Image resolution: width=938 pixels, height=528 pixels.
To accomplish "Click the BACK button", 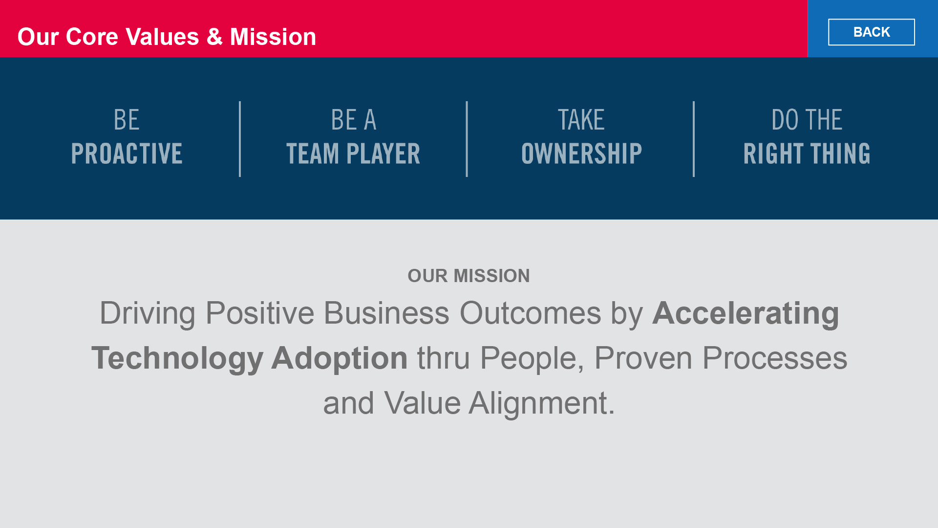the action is [x=871, y=32].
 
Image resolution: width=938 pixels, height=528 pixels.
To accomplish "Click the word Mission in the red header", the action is [x=273, y=37].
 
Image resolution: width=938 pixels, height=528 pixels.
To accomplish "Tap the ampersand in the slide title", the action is [x=214, y=37].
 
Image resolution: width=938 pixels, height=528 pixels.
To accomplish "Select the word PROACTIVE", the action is [x=127, y=154].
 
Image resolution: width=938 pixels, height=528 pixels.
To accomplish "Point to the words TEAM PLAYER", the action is [x=353, y=154].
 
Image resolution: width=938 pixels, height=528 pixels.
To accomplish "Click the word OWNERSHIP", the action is [x=581, y=154].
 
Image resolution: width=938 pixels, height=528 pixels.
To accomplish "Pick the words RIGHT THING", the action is [x=807, y=154].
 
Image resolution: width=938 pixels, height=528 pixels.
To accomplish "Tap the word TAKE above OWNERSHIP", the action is [x=581, y=120].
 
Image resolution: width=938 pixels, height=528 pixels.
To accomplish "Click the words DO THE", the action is [x=807, y=120].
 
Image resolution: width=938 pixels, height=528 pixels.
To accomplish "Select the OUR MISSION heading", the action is [x=469, y=276].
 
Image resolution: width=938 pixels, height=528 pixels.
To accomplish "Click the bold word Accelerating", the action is [x=746, y=313].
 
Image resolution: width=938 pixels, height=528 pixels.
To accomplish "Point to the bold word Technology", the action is [x=177, y=358].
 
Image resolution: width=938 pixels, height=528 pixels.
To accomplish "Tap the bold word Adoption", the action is [x=340, y=358].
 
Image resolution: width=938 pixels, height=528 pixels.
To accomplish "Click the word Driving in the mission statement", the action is [x=148, y=313].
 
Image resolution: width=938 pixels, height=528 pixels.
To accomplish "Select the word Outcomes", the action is [x=531, y=313].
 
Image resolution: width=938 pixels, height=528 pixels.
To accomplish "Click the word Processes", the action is [x=775, y=358].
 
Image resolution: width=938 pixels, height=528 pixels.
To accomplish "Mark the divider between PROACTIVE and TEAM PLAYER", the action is [x=240, y=139].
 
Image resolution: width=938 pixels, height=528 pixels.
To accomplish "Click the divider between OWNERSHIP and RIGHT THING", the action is [x=694, y=139].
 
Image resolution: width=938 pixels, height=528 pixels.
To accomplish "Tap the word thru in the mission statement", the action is [x=444, y=358].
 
